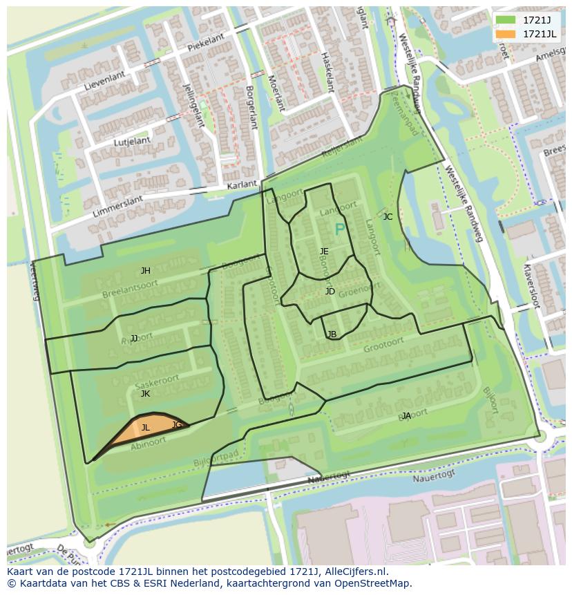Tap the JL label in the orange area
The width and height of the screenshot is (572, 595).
coord(145,428)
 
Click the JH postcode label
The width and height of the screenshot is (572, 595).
coord(145,271)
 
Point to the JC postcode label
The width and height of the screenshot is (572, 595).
coord(388,217)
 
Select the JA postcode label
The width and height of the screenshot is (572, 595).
coord(406,416)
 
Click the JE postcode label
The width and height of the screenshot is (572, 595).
coord(324,252)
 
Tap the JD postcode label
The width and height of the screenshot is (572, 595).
coord(330,292)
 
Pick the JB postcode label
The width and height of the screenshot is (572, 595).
coord(332,334)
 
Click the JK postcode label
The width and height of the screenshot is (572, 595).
coord(145,394)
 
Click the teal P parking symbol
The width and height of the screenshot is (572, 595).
coord(339,229)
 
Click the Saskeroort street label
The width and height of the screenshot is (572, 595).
coord(157,382)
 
